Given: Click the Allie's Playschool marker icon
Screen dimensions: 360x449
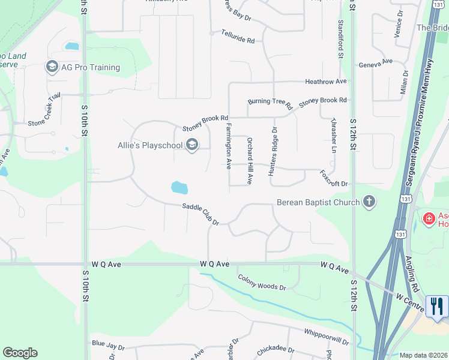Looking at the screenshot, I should [192, 145].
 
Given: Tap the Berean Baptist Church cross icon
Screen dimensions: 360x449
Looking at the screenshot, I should [369, 202].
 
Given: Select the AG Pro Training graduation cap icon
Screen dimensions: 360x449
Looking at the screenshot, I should [52, 67].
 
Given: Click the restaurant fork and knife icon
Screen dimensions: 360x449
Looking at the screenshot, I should [436, 306].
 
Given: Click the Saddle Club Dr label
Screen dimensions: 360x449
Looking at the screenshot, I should [200, 214].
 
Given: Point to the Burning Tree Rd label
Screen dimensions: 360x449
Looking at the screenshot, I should [270, 103].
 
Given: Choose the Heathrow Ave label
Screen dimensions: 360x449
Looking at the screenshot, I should [326, 81].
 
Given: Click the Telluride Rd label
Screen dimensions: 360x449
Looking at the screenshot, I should [238, 36].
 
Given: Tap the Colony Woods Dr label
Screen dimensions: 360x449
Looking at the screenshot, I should [262, 282].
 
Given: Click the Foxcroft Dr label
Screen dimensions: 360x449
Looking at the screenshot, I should [334, 178].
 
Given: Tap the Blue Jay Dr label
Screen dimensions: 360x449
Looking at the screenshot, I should [108, 347].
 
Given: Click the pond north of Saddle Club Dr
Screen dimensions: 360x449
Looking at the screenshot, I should [179, 188].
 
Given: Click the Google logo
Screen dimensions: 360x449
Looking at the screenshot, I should [20, 353].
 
